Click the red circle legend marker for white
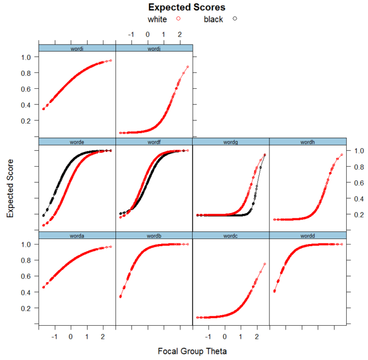pos(178,19)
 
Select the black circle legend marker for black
pos(235,19)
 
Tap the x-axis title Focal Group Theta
pos(192,351)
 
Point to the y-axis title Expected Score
pos(10,188)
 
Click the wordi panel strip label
pos(77,48)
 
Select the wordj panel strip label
pos(154,48)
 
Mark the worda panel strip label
pos(77,235)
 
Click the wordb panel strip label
pos(154,235)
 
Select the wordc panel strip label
pos(231,235)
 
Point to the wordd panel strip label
pos(308,235)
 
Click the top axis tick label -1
pos(131,34)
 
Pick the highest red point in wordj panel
pos(187,67)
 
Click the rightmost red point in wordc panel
pos(265,264)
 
